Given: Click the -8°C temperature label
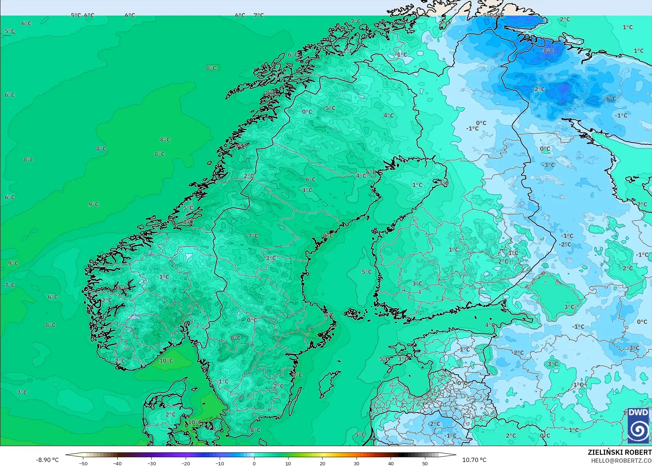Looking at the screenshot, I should coord(548,51).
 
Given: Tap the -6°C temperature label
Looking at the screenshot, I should coord(610,98).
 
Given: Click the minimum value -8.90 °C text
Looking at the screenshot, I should coord(47,460).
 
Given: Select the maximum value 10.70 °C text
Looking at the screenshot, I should coord(474,460).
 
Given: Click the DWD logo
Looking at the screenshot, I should coord(638,425).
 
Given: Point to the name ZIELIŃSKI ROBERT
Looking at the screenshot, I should coord(619,452).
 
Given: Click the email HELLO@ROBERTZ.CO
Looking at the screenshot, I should coord(621,461).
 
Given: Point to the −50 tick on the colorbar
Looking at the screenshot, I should coord(83,463).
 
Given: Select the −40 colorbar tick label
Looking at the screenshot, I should coord(117,463).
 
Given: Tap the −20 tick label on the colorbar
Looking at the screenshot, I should coord(186,463).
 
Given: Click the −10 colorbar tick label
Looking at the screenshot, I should coord(220,463).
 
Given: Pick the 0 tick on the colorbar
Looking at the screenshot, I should coord(254,463).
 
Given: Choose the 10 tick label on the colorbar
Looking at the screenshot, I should coord(288,463).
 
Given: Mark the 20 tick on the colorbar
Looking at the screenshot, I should coord(322,463).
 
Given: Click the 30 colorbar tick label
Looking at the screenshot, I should coord(357,463).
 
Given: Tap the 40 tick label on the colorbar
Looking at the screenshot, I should coord(391,463).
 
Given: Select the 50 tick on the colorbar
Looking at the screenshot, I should coord(425,463).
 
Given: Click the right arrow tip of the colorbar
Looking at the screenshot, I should coord(455,455).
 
